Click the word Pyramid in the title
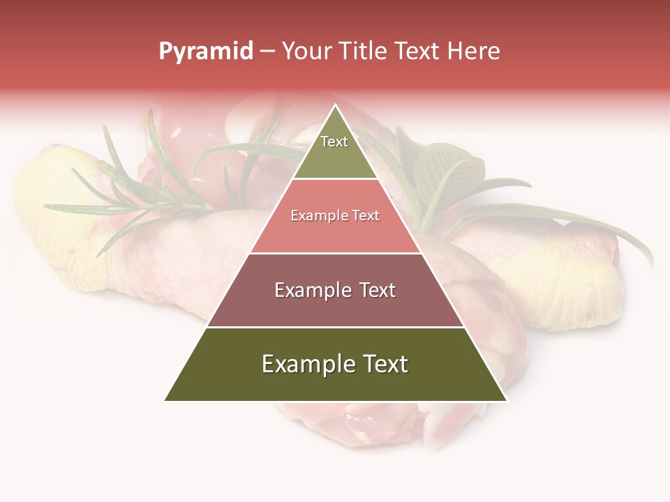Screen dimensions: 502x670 pyautogui.click(x=205, y=52)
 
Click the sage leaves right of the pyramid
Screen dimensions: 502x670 pyautogui.click(x=447, y=171)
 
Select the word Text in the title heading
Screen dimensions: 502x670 pyautogui.click(x=418, y=52)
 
